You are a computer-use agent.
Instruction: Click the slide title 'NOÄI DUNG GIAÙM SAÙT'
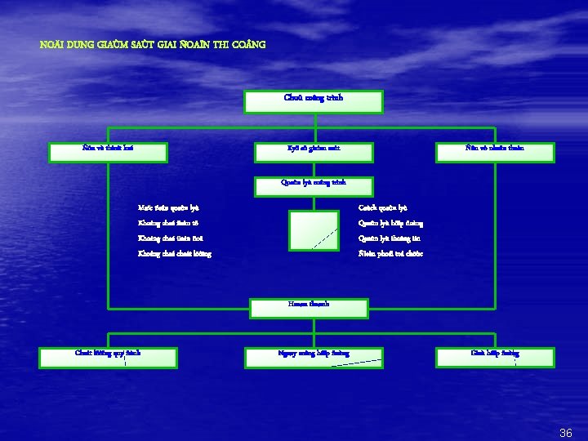point(153,44)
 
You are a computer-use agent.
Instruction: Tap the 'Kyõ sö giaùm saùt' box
point(314,151)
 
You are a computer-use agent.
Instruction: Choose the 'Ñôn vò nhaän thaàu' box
point(495,151)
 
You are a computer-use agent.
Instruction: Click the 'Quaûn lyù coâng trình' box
point(314,185)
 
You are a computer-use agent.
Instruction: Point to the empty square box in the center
point(314,229)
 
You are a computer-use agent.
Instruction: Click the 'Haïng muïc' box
point(308,307)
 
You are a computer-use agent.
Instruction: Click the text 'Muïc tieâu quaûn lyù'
point(169,208)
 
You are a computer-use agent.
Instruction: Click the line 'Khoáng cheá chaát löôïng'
point(175,254)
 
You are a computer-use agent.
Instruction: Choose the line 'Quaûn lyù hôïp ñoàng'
point(390,223)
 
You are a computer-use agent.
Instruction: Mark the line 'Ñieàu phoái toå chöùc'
point(390,254)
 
